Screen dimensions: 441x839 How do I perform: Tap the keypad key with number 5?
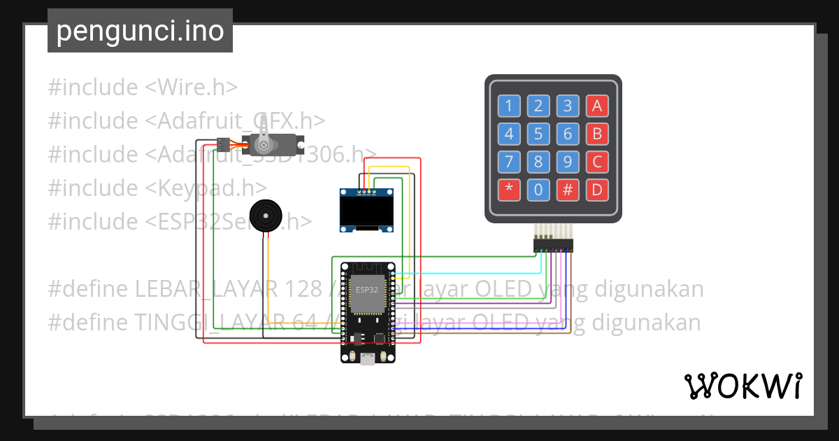click(x=538, y=134)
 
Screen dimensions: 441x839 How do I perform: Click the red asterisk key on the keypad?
click(x=509, y=190)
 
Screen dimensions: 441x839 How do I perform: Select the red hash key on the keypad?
click(x=568, y=190)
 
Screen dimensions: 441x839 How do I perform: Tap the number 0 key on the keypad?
click(x=538, y=190)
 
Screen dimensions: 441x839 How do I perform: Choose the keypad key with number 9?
click(x=568, y=162)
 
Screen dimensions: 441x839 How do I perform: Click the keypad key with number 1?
click(x=509, y=106)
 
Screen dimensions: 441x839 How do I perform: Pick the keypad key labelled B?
click(x=597, y=134)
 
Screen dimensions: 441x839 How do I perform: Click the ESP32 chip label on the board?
click(x=367, y=289)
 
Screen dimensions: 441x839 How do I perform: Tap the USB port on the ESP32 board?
click(x=367, y=360)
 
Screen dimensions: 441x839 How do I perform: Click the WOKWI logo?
click(x=743, y=386)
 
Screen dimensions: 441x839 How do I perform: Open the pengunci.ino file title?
click(x=140, y=31)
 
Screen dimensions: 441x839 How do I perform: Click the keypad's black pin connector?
click(x=552, y=245)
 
